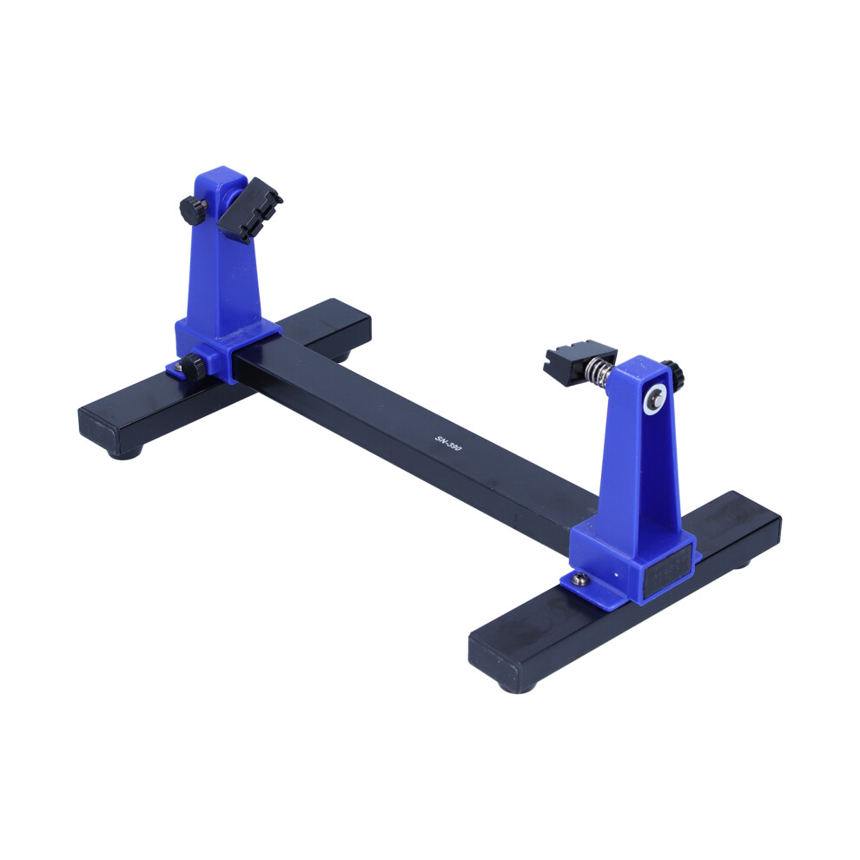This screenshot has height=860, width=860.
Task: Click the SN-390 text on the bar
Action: point(448,443)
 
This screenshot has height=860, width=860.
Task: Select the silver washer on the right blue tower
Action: point(655,397)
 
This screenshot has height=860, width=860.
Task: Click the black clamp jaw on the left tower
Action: point(249,210)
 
